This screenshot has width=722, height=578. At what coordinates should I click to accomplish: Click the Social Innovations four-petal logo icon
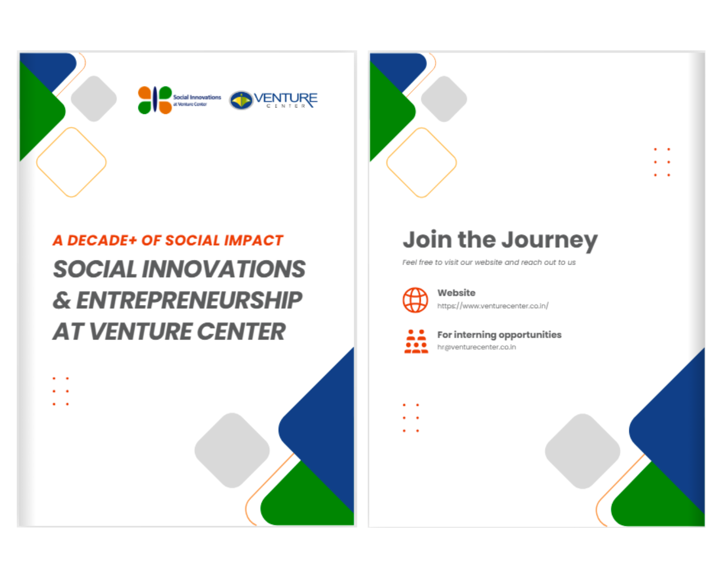155,100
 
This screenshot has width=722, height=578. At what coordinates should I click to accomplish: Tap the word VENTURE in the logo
285,98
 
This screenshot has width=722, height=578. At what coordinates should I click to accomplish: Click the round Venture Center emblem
241,101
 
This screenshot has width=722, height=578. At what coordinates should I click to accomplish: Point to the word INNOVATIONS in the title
224,269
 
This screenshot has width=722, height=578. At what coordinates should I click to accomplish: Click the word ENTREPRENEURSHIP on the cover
189,300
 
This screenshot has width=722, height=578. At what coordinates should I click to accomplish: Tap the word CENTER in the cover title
241,332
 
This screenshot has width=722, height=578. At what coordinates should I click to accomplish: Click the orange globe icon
415,300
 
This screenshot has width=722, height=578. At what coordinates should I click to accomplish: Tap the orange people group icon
416,341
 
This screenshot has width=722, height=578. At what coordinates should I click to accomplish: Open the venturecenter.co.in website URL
493,306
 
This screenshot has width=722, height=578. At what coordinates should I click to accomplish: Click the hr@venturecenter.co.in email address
476,347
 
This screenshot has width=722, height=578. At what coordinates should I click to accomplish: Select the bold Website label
456,293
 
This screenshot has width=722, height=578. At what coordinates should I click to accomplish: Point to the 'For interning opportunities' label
499,335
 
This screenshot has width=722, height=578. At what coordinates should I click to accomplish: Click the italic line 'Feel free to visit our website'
489,262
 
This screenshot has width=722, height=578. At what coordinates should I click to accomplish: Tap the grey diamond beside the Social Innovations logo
94,99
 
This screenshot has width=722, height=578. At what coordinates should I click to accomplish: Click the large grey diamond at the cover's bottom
232,450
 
